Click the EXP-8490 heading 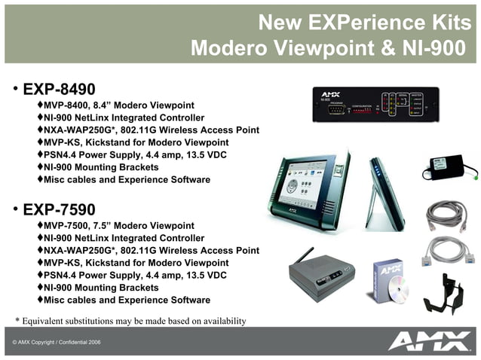59,89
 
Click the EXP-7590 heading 59,209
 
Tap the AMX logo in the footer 429,343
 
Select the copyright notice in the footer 56,343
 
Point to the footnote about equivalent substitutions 130,321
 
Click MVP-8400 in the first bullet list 66,105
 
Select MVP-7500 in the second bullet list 66,226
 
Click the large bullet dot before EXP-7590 14,209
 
